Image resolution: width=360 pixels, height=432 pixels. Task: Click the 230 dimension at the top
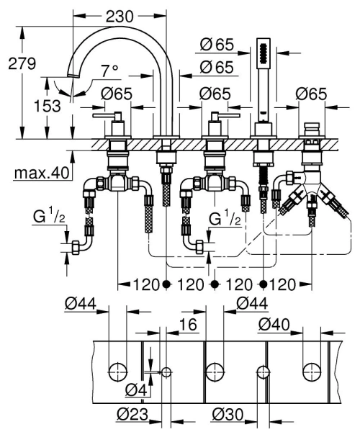[x=119, y=15]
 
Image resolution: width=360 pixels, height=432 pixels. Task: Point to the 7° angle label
[x=109, y=71]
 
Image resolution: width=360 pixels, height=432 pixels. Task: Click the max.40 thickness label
[x=41, y=173]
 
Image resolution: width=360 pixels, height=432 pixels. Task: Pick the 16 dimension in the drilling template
[x=187, y=326]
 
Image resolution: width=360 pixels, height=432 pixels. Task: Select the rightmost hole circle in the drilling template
[x=311, y=372]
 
